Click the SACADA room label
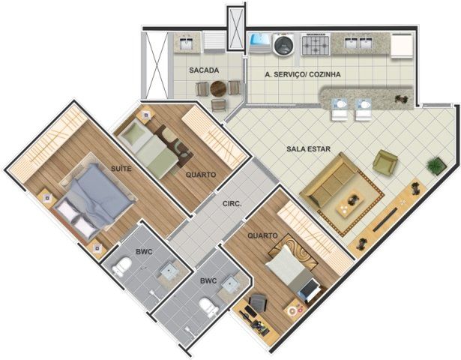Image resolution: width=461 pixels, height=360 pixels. [x=204, y=70]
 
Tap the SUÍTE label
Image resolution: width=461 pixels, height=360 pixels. [x=121, y=169]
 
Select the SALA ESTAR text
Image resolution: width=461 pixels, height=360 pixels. [x=308, y=148]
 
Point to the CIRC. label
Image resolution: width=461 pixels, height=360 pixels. [x=232, y=203]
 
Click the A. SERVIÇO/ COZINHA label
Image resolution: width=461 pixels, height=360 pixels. [x=303, y=74]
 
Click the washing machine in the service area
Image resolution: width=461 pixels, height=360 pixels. [x=283, y=44]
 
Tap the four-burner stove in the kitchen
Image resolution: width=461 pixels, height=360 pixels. [x=316, y=44]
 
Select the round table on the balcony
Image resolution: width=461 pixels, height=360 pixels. [x=218, y=88]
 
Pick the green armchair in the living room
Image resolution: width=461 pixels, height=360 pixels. [x=385, y=161]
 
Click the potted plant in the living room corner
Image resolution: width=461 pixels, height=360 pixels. [x=436, y=166]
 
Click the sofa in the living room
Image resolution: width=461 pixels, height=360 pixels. [x=327, y=180]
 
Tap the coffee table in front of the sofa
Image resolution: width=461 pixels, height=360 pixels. [x=351, y=203]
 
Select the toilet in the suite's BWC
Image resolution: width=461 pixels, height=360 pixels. [x=122, y=266]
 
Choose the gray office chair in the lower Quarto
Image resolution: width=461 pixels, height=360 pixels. [x=259, y=303]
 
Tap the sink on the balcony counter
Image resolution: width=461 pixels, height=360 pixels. [x=187, y=43]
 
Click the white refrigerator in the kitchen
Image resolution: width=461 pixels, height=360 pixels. [x=402, y=45]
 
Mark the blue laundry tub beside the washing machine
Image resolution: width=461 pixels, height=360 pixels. [x=260, y=43]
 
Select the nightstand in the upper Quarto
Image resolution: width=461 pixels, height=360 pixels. [x=146, y=115]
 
